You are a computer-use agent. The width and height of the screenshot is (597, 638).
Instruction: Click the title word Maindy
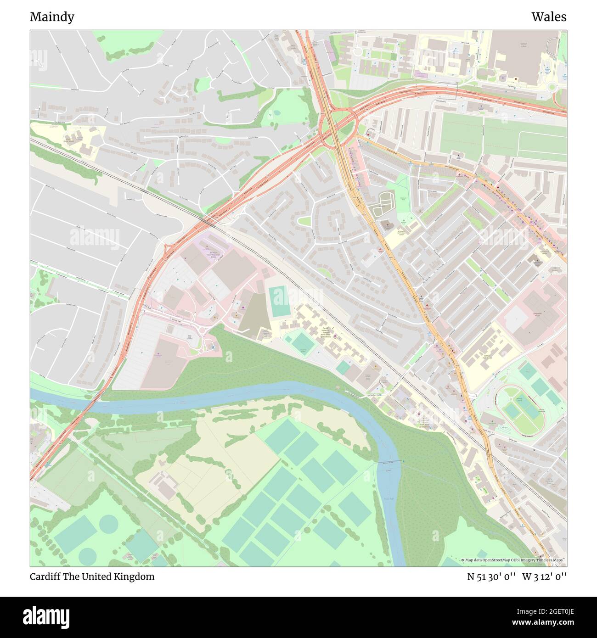click(52, 17)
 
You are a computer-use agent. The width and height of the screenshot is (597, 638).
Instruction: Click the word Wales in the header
click(549, 17)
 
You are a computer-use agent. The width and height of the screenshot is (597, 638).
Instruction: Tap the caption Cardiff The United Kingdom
click(92, 576)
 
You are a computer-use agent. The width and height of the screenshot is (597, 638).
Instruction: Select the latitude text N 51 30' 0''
click(491, 576)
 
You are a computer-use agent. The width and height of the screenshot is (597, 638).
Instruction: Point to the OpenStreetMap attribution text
click(513, 560)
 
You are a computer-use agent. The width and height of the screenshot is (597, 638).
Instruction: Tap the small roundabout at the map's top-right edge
click(552, 87)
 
